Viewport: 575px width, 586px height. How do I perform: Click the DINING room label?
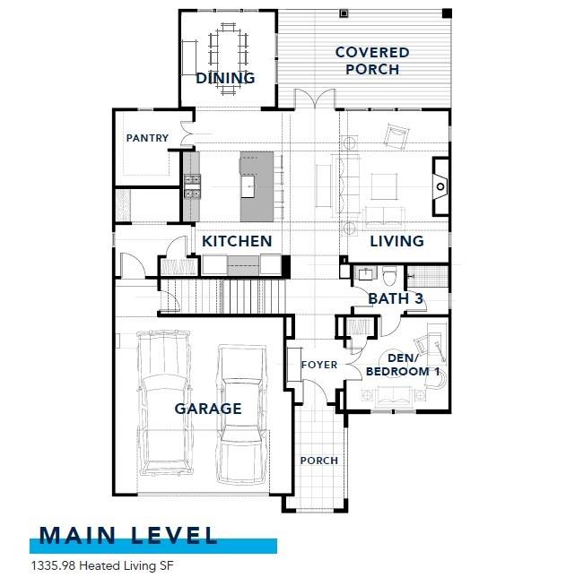click(x=225, y=78)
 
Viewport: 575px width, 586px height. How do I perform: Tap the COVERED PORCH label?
click(x=371, y=61)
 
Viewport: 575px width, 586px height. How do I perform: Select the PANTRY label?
click(x=147, y=138)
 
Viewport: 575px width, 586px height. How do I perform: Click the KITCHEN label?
click(x=237, y=241)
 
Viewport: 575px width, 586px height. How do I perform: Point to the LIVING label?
click(x=396, y=241)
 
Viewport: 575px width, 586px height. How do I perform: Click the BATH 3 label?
click(x=395, y=297)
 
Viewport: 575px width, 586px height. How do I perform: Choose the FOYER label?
click(x=318, y=365)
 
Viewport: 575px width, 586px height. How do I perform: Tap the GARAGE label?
click(x=207, y=409)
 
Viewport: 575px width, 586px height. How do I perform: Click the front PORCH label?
click(x=318, y=461)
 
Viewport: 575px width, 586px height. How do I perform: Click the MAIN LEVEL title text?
click(x=129, y=536)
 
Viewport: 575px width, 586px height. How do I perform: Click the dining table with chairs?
click(x=227, y=49)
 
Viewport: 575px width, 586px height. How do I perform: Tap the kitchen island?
click(x=257, y=186)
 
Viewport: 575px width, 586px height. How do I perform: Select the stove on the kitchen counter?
click(x=192, y=185)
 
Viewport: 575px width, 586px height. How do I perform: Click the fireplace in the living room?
click(x=440, y=186)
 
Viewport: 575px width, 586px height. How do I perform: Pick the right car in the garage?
click(x=243, y=408)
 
